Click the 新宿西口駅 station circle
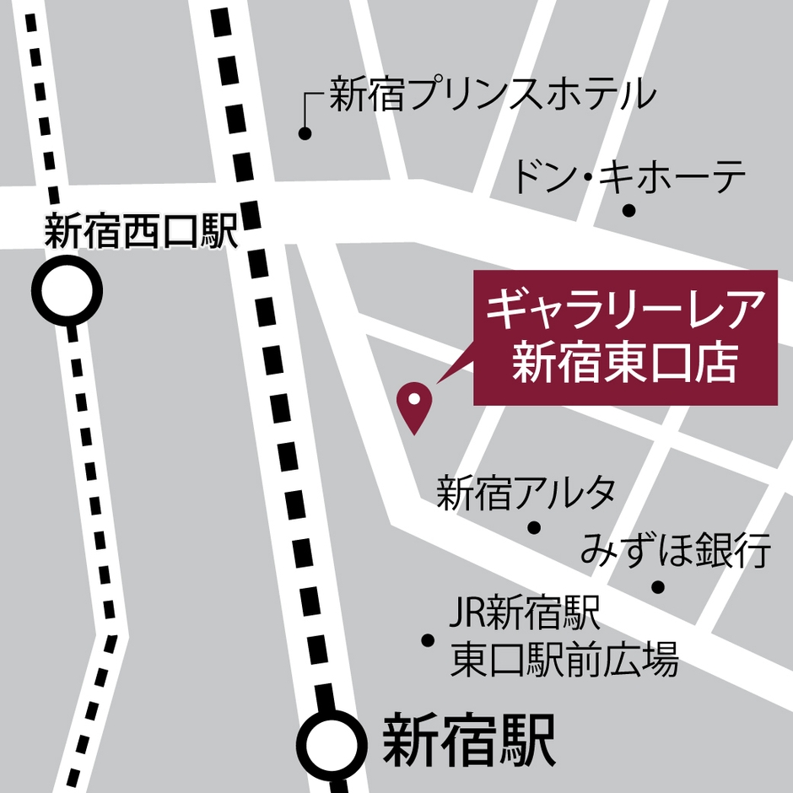pos(67,292)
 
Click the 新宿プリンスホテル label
pos(492,94)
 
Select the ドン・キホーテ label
pos(629,177)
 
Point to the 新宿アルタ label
pos(526,494)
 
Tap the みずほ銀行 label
pos(676,553)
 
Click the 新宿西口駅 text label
pos(142,232)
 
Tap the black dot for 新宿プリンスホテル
pos(305,133)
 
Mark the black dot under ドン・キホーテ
pos(628,210)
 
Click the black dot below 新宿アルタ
pos(533,528)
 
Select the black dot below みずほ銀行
pos(658,587)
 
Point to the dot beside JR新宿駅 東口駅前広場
pos(428,640)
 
